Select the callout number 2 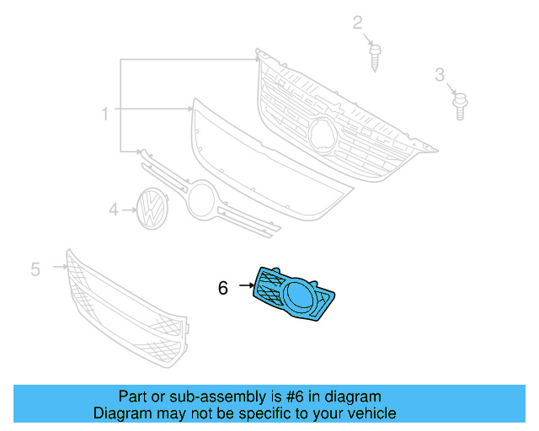pyautogui.click(x=358, y=23)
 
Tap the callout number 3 pyautogui.click(x=440, y=77)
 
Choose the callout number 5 pyautogui.click(x=35, y=269)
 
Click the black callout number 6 pyautogui.click(x=222, y=288)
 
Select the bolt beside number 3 pyautogui.click(x=459, y=107)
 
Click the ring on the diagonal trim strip pyautogui.click(x=202, y=202)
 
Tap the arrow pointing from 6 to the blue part pyautogui.click(x=246, y=286)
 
